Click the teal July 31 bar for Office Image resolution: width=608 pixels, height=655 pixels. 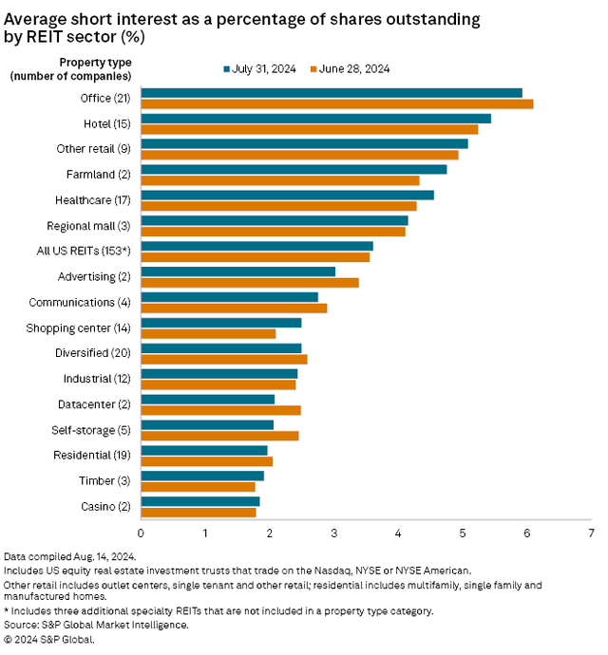(332, 92)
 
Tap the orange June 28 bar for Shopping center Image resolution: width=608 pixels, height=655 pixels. (208, 333)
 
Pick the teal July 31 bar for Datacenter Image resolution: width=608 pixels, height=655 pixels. (207, 399)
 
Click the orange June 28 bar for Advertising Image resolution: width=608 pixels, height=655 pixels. (250, 282)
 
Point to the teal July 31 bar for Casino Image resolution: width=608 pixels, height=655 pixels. (199, 501)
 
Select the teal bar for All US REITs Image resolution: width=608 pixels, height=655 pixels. (256, 246)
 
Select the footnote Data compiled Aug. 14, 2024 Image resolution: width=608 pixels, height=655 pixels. (69, 556)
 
